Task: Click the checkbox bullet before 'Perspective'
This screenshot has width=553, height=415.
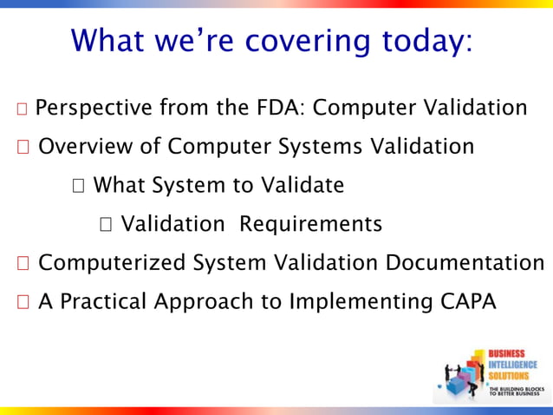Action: coord(23,109)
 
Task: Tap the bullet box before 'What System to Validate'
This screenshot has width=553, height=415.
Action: coord(79,186)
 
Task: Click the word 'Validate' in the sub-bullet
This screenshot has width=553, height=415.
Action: coord(303,185)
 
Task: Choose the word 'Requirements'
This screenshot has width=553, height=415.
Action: coord(310,224)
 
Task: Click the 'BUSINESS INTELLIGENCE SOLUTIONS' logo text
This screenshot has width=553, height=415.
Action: coord(513,364)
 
